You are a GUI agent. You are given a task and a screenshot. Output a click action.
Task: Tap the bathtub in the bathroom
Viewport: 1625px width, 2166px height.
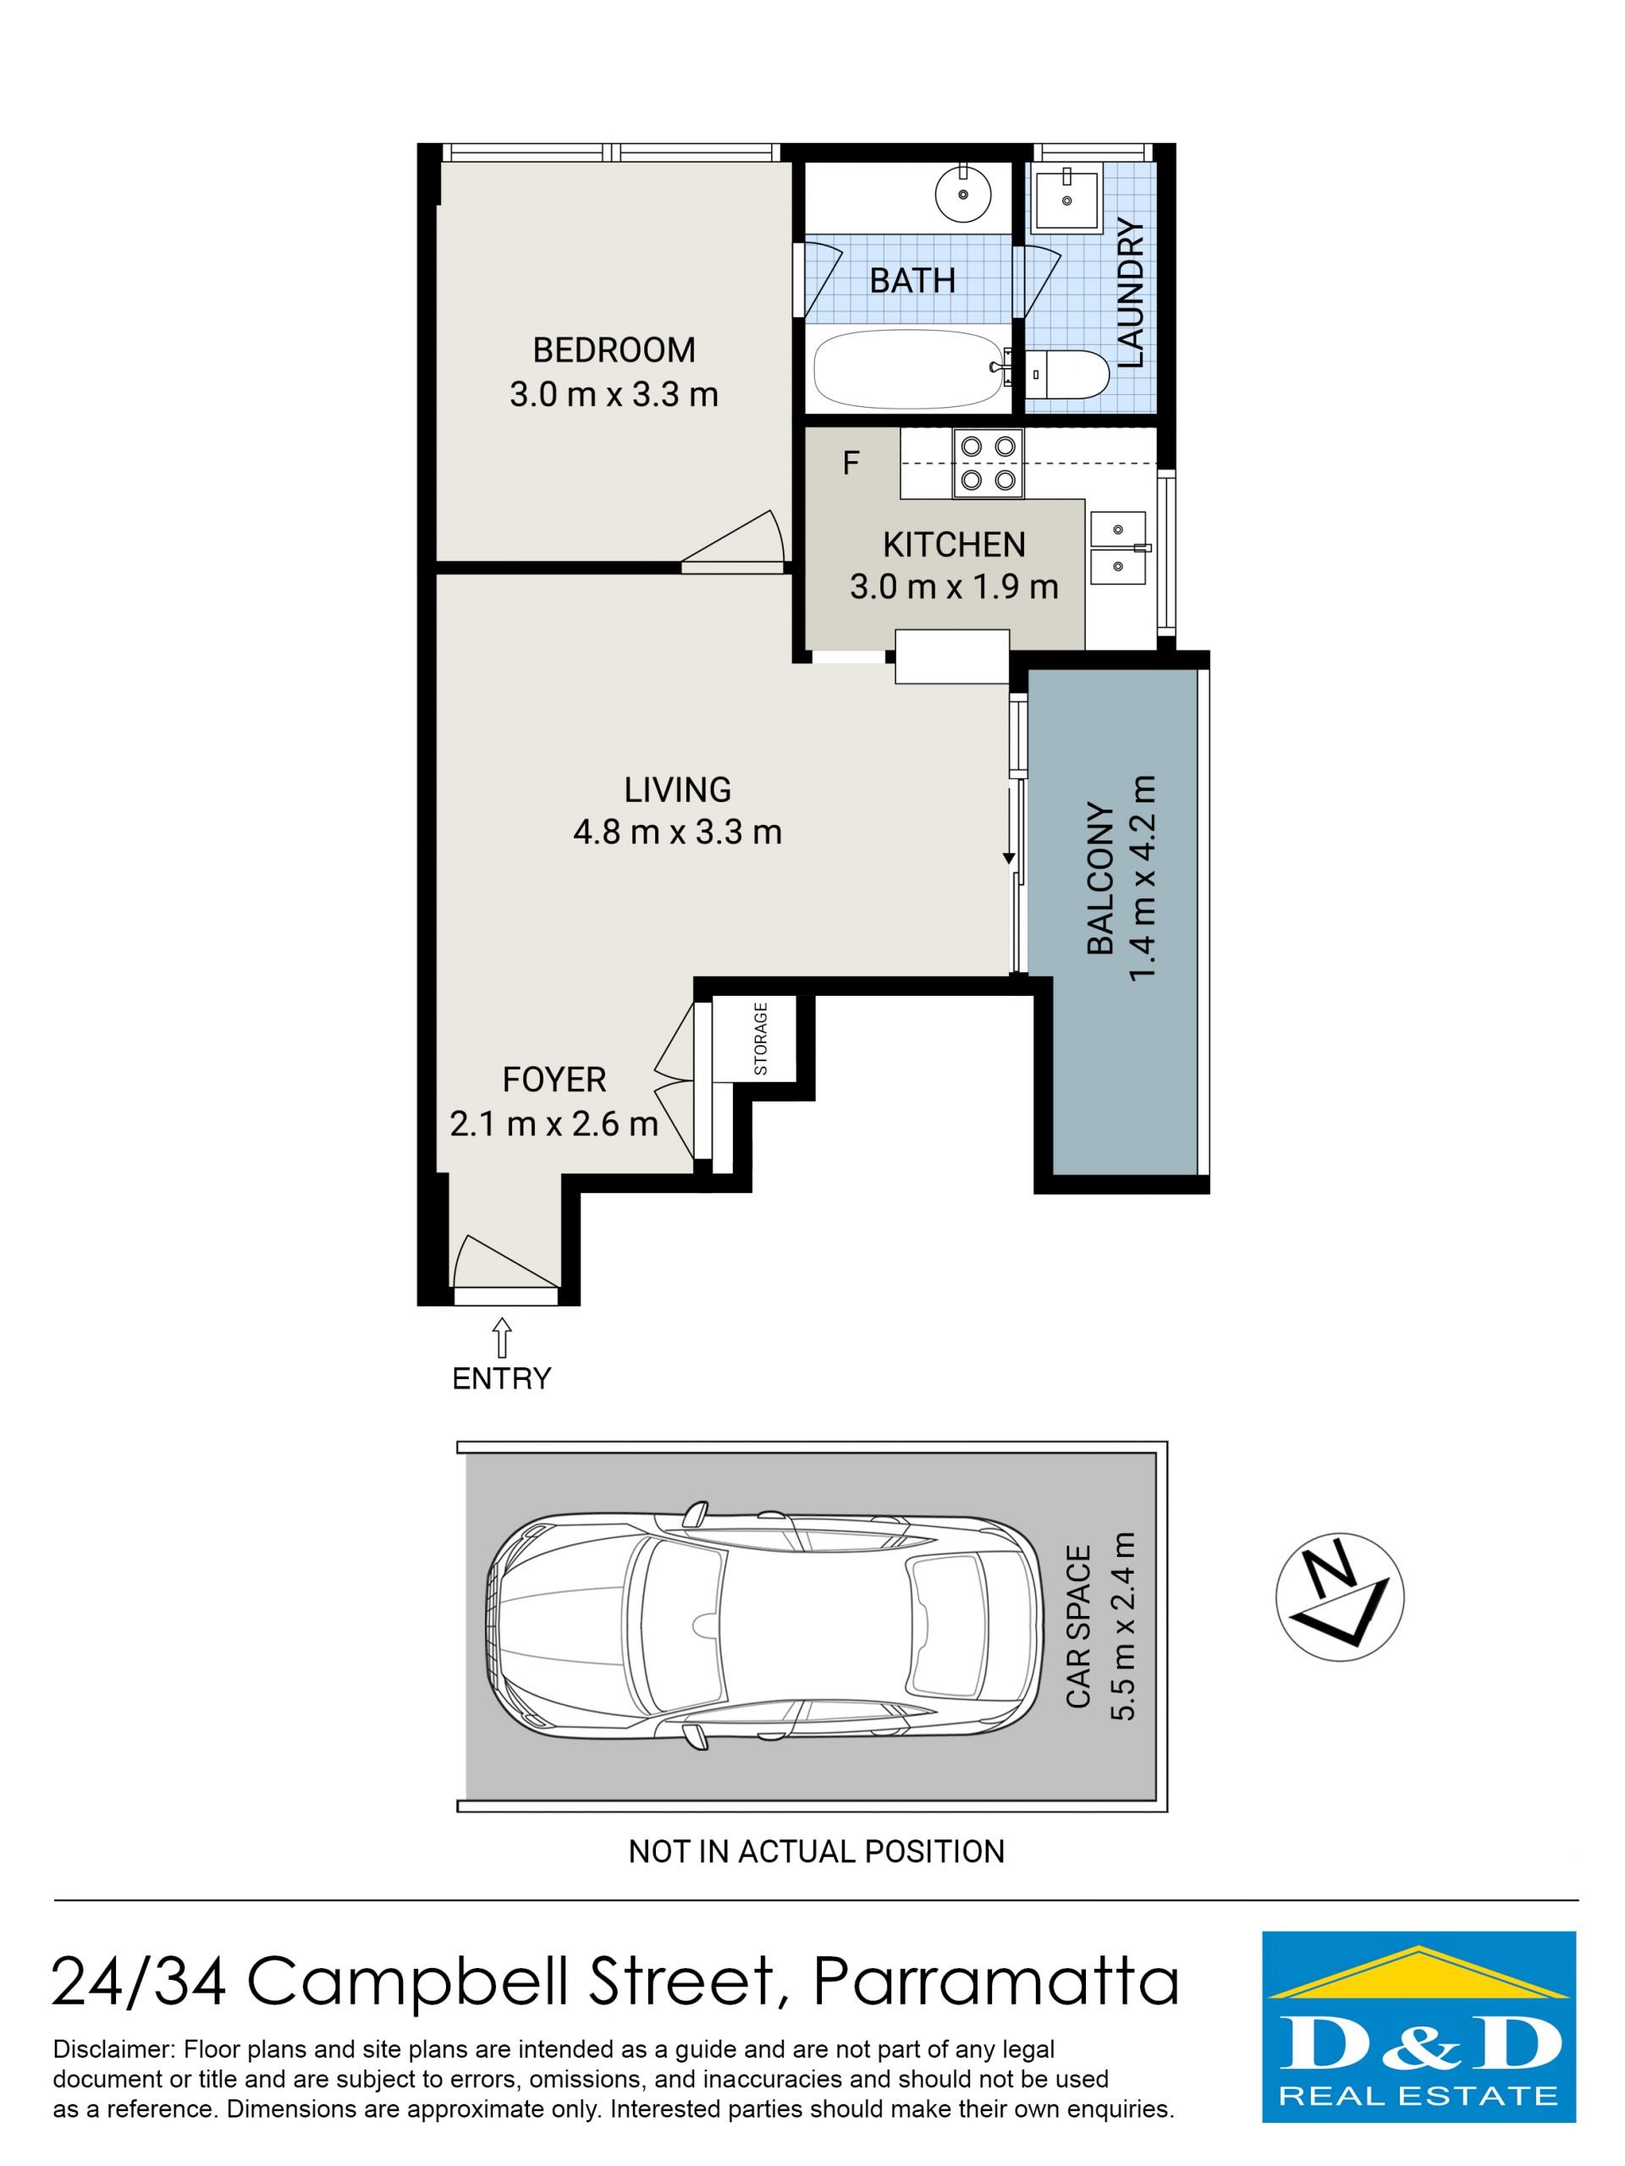[911, 369]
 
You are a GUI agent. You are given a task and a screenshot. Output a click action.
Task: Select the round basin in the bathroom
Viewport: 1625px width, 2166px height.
[963, 194]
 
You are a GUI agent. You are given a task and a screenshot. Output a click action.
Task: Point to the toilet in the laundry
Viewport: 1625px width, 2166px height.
[1067, 374]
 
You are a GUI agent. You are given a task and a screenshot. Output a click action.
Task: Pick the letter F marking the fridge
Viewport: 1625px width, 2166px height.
[851, 463]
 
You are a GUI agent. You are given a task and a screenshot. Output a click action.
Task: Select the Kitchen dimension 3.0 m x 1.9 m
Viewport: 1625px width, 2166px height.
[953, 586]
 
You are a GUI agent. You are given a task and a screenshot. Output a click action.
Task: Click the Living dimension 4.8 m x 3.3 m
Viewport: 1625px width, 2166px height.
[677, 833]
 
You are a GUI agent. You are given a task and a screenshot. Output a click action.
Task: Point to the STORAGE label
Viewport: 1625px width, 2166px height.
[761, 1039]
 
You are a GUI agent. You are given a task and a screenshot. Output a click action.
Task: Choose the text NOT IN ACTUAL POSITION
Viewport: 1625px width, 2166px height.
[816, 1851]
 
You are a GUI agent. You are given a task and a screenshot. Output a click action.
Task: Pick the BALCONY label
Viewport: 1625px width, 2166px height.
[1101, 878]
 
